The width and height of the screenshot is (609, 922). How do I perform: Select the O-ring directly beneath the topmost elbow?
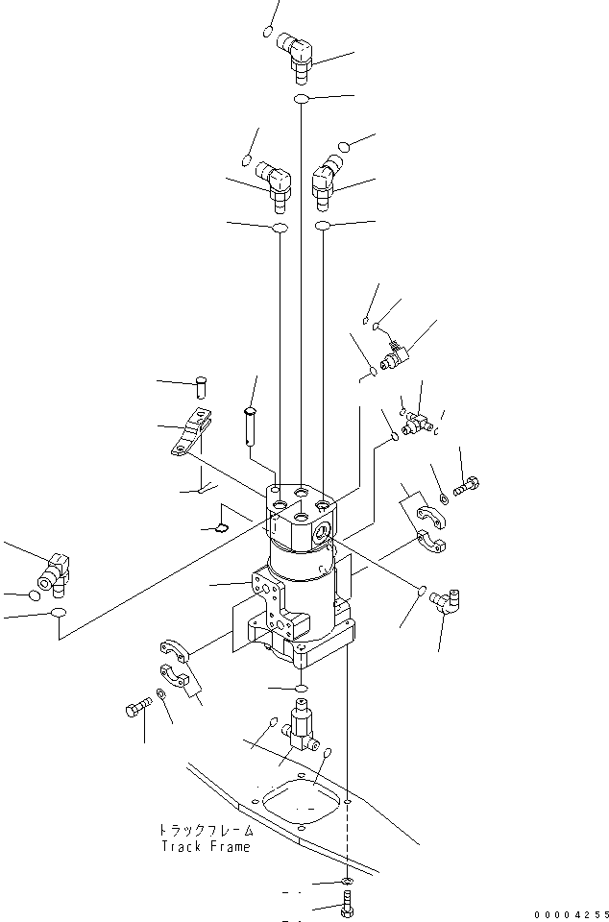[x=302, y=99]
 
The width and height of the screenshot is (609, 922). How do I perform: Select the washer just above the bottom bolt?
[x=346, y=881]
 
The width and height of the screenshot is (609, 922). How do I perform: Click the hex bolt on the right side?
[x=466, y=487]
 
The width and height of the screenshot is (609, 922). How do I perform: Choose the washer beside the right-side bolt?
[x=442, y=497]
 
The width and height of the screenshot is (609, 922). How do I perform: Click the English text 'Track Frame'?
[x=206, y=846]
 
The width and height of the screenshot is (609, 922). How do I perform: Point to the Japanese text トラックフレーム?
[x=207, y=830]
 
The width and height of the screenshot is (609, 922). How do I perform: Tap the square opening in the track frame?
[x=301, y=802]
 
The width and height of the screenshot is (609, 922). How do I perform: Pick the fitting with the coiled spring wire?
[x=394, y=355]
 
